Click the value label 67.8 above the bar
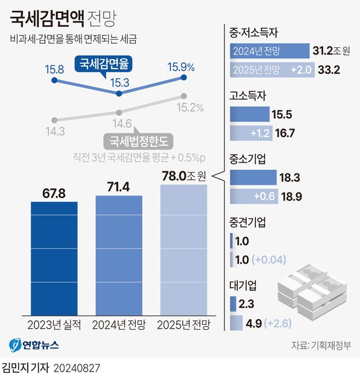(54, 193)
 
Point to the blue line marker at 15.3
(119, 94)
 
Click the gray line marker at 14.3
(54, 120)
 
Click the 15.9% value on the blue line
(181, 67)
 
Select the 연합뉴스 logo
(34, 344)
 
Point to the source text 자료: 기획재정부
(321, 345)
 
